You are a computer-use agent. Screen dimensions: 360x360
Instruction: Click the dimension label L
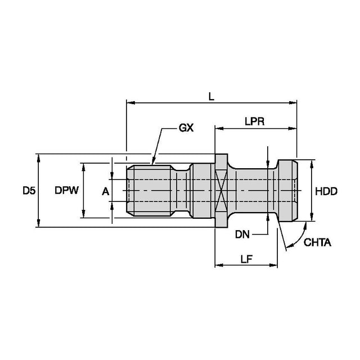tap(211, 97)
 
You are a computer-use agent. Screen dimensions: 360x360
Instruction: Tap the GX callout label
tap(186, 128)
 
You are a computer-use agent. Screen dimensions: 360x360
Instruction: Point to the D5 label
tap(29, 191)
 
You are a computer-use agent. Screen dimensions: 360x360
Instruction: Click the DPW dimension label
tap(66, 191)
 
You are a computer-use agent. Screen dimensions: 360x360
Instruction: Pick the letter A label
tap(105, 192)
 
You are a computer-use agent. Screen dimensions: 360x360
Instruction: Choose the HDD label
tap(326, 191)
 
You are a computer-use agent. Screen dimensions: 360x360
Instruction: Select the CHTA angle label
tap(317, 243)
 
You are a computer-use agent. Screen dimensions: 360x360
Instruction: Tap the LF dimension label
tap(245, 259)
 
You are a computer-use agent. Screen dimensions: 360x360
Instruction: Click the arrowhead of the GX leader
tap(152, 163)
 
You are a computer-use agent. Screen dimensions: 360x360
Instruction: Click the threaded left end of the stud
tap(149, 191)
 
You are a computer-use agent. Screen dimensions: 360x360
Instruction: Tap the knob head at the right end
tap(287, 191)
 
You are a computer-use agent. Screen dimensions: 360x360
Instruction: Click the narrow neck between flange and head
tap(253, 191)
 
